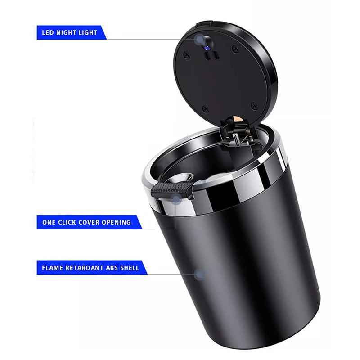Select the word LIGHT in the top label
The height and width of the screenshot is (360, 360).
point(89,33)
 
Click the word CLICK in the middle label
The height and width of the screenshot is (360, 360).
point(69,222)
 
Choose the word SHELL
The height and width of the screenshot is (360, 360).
point(130,268)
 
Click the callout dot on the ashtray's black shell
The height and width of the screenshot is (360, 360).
point(201,274)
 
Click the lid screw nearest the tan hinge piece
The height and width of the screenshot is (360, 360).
point(254,105)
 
